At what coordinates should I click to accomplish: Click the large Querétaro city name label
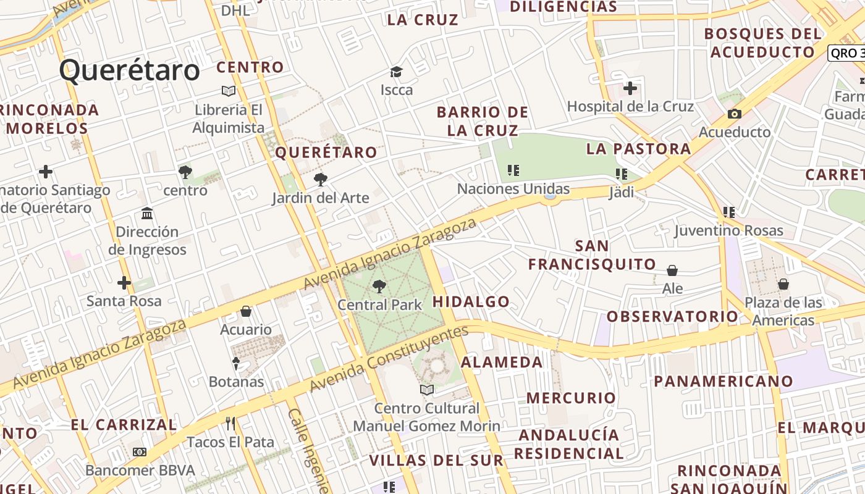(130, 70)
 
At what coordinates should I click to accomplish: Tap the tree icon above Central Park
(379, 286)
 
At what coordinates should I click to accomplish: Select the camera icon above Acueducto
(734, 114)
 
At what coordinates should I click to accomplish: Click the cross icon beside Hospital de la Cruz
(630, 88)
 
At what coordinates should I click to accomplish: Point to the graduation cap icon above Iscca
(396, 72)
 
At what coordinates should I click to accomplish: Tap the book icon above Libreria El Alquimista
(229, 91)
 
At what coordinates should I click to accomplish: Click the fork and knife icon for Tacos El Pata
(230, 424)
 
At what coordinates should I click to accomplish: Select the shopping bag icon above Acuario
(246, 311)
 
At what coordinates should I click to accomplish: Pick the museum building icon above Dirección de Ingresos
(147, 214)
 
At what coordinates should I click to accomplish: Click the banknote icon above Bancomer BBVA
(140, 452)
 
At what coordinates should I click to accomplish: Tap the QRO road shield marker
(846, 53)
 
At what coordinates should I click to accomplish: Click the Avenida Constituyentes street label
(389, 358)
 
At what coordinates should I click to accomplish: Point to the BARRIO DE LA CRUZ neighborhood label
(483, 121)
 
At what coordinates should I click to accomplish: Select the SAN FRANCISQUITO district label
(592, 255)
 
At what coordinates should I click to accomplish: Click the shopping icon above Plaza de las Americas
(783, 284)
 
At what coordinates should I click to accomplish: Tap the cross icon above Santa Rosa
(124, 283)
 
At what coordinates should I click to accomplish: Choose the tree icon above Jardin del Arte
(320, 180)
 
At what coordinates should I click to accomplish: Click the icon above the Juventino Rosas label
(729, 212)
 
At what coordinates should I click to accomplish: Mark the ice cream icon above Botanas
(235, 363)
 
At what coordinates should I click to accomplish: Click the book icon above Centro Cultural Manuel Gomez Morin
(426, 390)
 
